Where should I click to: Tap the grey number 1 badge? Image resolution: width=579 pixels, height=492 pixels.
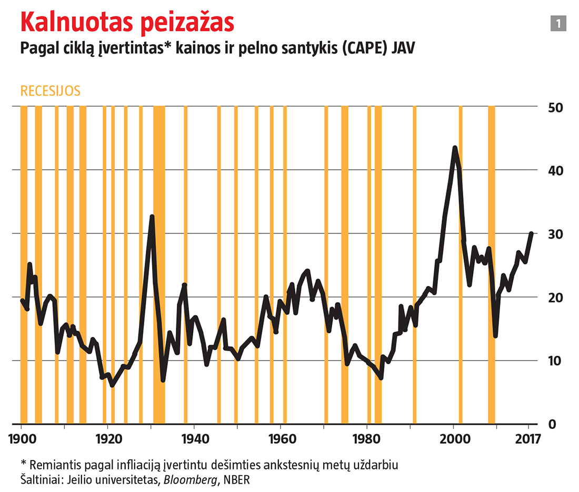click(558, 23)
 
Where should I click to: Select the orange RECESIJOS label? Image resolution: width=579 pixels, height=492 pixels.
click(50, 90)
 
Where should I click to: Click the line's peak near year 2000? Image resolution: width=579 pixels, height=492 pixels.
click(455, 148)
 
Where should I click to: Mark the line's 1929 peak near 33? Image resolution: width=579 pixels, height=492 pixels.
click(152, 217)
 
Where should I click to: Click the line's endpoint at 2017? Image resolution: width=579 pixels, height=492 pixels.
click(531, 233)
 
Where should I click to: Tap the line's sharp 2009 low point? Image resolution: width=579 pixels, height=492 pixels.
click(495, 336)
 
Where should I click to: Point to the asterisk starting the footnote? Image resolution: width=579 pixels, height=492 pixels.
click(23, 464)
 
